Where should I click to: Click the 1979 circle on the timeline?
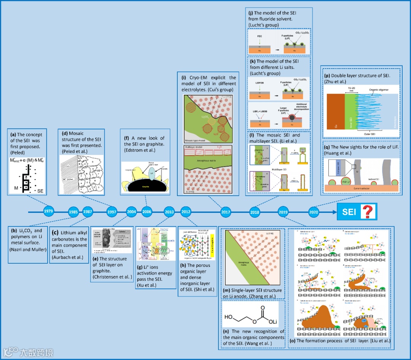pyautogui.click(x=48, y=211)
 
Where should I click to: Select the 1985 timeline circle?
pyautogui.click(x=73, y=212)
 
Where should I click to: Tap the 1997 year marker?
pyautogui.click(x=112, y=212)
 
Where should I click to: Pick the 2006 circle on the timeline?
pyautogui.click(x=147, y=212)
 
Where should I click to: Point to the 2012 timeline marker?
pyautogui.click(x=186, y=212)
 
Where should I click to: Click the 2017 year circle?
pyautogui.click(x=225, y=212)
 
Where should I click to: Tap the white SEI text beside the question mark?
pyautogui.click(x=349, y=212)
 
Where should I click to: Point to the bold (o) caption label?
pyautogui.click(x=293, y=341)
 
